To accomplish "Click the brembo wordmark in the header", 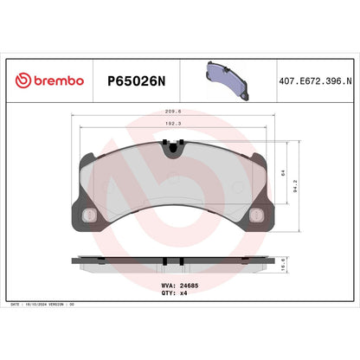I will click(58, 80).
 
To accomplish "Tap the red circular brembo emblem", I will click(23, 80).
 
